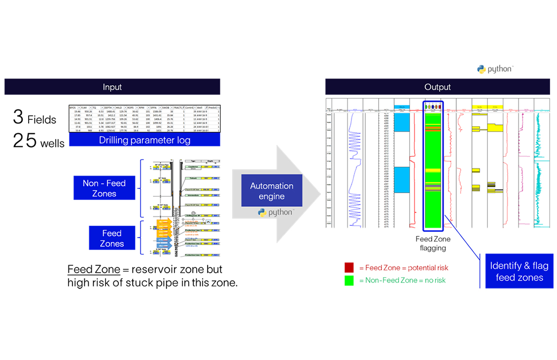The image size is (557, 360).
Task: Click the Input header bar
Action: tap(112, 87)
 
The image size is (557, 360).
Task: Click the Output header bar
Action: tap(437, 87)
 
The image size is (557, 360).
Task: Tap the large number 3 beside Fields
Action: tap(18, 117)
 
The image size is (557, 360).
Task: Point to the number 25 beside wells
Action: tap(25, 141)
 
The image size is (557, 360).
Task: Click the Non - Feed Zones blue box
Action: tap(104, 188)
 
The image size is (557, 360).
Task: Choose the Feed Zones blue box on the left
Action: tap(112, 238)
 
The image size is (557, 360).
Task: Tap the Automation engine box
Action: tap(272, 191)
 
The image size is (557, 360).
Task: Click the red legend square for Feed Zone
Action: tap(349, 267)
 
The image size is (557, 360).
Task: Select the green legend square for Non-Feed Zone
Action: tap(349, 280)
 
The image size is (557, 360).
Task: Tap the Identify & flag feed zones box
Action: tap(519, 271)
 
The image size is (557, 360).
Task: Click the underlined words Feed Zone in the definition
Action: tap(94, 270)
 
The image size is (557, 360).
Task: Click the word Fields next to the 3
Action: tap(42, 120)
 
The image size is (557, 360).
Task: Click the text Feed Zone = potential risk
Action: tap(404, 267)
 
